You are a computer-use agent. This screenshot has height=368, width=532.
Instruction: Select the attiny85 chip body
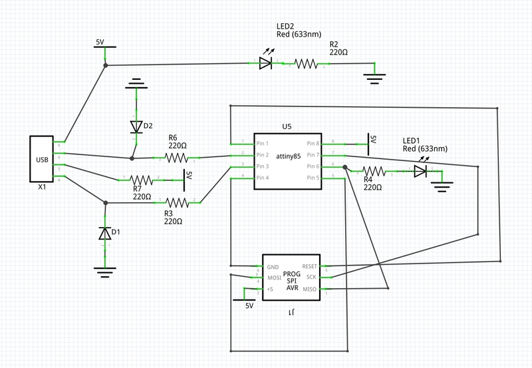tap(287, 160)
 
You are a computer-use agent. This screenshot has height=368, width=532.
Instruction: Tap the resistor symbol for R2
tap(306, 63)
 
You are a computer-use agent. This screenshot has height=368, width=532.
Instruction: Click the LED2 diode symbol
tap(265, 63)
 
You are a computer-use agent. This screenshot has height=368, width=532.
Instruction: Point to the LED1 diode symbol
tap(420, 171)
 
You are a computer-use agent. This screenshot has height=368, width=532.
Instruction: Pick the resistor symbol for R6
tap(177, 158)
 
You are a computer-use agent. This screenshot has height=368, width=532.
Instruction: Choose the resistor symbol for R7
tap(141, 180)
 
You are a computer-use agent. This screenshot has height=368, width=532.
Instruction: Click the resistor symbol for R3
tap(177, 202)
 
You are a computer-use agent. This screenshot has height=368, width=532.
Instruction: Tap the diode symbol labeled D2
tap(136, 126)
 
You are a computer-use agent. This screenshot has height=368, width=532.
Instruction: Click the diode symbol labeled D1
tap(105, 233)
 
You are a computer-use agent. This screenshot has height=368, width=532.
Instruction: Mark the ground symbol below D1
tap(105, 270)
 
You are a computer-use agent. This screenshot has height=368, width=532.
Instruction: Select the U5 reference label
tap(287, 126)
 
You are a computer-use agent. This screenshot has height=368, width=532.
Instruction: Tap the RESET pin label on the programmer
tap(310, 266)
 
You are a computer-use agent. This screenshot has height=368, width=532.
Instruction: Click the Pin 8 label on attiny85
tap(314, 143)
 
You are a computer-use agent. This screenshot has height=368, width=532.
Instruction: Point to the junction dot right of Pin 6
tap(345, 167)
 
